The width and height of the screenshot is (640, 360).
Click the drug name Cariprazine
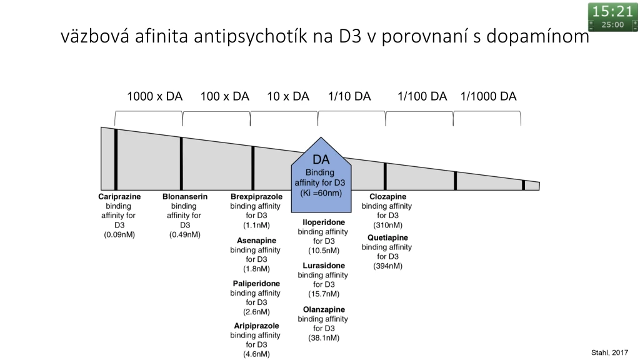tap(119, 196)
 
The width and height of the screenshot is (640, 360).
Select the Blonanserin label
tap(185, 196)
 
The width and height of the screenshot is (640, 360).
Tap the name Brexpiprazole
tap(256, 196)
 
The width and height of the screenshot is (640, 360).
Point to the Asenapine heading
tap(256, 241)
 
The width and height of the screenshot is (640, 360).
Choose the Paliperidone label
tap(256, 283)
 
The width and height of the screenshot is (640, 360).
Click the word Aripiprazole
tap(256, 326)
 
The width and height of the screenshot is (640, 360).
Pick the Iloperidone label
tap(324, 222)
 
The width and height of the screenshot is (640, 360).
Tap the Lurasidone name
tap(324, 265)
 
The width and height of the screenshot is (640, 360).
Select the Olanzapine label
tap(324, 309)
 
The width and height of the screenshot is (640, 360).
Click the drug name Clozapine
tap(387, 196)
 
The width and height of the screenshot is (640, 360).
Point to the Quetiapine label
tap(387, 237)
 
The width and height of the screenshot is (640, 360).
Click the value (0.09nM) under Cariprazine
tap(119, 234)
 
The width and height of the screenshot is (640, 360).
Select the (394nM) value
tap(387, 266)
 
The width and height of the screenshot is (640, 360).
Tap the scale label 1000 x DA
tap(155, 96)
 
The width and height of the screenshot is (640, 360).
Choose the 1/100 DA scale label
tap(422, 96)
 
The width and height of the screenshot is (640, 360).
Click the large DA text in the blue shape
tap(321, 159)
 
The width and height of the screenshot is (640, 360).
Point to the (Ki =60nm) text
tap(321, 192)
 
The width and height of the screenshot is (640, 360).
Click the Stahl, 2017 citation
tap(610, 352)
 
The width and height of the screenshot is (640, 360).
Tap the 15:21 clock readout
tap(612, 11)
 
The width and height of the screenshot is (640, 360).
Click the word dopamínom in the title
tap(537, 36)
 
